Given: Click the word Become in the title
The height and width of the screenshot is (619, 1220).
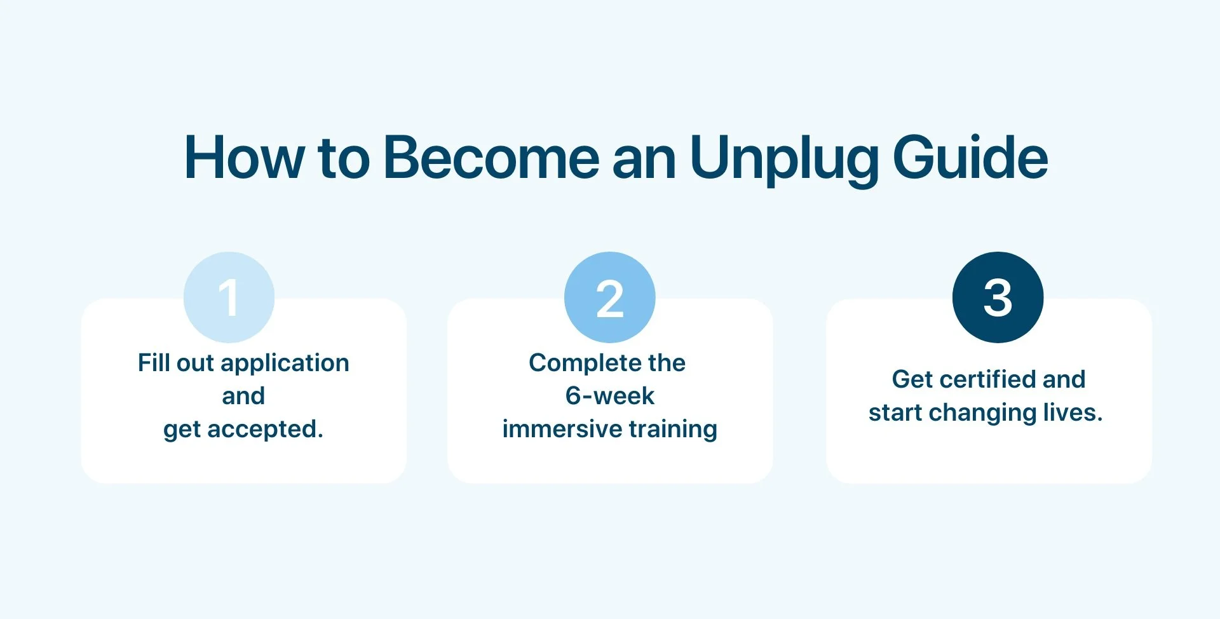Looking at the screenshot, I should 491,158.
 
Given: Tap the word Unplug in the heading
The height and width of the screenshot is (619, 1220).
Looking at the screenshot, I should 783,159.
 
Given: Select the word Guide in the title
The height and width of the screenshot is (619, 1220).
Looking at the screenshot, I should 970,158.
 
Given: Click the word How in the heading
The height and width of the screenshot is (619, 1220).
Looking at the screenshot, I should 243,158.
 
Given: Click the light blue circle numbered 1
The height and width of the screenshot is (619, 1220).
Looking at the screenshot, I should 229,297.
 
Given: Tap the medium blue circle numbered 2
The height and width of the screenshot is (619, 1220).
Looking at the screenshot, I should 610,297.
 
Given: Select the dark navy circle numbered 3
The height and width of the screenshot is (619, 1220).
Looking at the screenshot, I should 998,297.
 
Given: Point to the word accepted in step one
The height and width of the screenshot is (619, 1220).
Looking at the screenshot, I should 265,430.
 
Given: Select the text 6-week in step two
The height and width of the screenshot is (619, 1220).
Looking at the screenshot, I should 609,396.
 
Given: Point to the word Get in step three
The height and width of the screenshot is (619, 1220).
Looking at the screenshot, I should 911,379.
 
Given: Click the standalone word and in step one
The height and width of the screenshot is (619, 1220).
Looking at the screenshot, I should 243,396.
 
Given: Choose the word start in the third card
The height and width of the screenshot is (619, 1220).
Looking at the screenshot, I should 895,413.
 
